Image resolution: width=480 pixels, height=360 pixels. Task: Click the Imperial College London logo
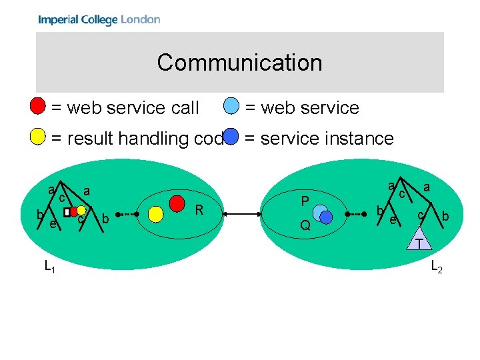[x=99, y=19]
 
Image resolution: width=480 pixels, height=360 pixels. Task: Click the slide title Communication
[x=240, y=63]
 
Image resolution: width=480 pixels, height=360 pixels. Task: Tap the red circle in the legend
[x=39, y=106]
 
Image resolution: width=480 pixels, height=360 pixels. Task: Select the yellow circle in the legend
[x=39, y=137]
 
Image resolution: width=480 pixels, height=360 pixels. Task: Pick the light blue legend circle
[x=231, y=106]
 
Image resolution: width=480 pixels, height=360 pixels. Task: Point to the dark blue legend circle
[x=231, y=137]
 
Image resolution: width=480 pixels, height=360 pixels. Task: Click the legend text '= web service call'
[x=125, y=107]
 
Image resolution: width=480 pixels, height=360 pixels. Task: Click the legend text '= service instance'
[x=319, y=139]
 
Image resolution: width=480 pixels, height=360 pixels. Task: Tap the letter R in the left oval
[x=199, y=211]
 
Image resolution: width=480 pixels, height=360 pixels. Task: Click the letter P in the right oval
[x=305, y=202]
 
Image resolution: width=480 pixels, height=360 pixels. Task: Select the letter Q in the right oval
[x=305, y=225]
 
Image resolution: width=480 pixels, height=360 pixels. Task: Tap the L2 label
[x=437, y=267]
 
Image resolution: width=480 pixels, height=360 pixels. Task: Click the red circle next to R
[x=177, y=201]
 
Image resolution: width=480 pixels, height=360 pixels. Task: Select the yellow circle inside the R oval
[x=156, y=214]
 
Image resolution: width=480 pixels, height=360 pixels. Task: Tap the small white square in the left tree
[x=67, y=212]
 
